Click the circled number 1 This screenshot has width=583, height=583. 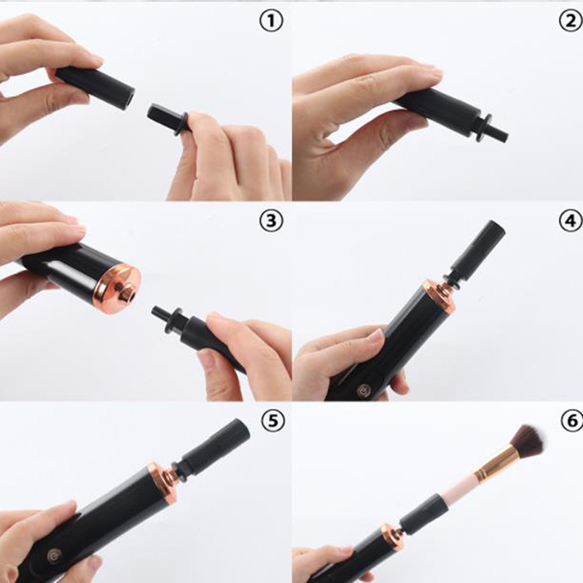(x=271, y=22)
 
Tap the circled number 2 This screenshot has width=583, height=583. (x=571, y=22)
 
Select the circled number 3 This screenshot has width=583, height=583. (x=271, y=221)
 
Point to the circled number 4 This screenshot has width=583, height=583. (x=571, y=221)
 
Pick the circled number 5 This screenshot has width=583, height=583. (x=273, y=420)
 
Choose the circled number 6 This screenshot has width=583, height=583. (x=573, y=420)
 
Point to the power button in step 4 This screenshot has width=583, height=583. (x=363, y=391)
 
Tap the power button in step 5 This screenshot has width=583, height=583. (x=52, y=556)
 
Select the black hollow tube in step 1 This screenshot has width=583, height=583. (x=95, y=87)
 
